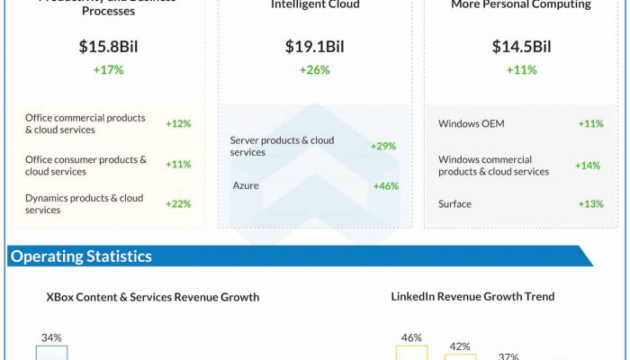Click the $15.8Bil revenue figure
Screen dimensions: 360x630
(108, 47)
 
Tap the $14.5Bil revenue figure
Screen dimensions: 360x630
(521, 47)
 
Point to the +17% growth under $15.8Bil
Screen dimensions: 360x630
(108, 70)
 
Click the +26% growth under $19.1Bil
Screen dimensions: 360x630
(315, 70)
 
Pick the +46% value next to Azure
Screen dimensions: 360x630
(385, 186)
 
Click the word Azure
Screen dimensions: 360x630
(246, 185)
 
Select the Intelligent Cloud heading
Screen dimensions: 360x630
(315, 4)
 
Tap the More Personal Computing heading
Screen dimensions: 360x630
(521, 4)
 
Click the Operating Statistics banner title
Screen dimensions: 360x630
(81, 256)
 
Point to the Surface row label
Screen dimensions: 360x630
(454, 204)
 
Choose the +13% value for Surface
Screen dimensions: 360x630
(590, 204)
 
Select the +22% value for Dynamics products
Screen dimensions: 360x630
(178, 204)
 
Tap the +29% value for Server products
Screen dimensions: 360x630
(382, 146)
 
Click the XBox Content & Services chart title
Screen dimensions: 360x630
(153, 297)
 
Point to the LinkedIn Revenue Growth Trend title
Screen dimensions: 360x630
(472, 296)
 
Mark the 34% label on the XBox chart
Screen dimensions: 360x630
(51, 337)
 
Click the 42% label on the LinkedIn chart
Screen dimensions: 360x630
(460, 346)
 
